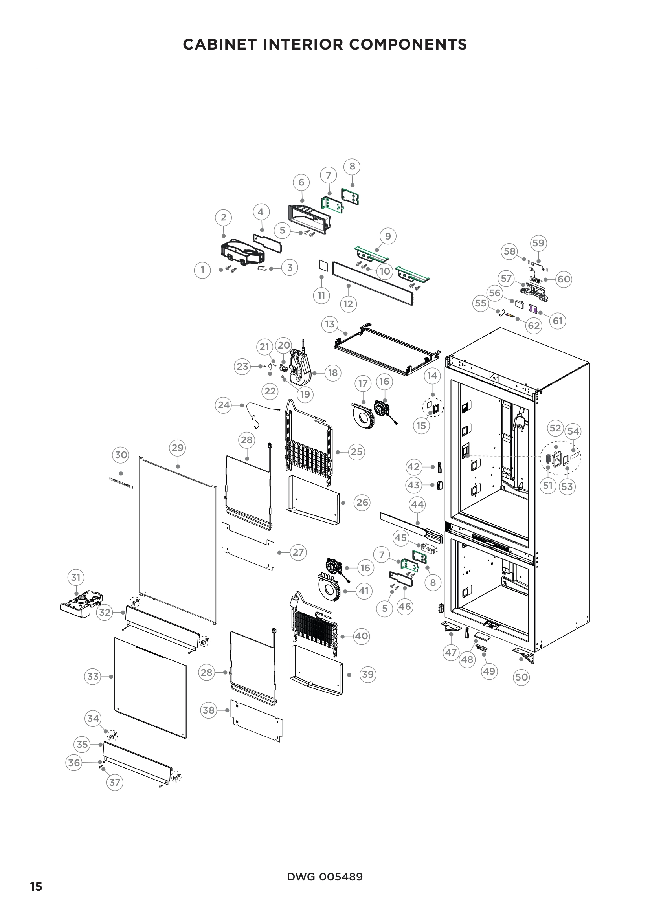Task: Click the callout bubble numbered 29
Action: click(177, 448)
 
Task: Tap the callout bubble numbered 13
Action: click(329, 324)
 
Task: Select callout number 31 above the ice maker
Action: click(75, 577)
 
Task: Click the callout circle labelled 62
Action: click(534, 325)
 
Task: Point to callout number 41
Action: click(364, 591)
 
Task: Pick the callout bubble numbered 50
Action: click(521, 677)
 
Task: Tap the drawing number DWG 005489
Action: click(325, 877)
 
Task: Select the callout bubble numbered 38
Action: click(208, 710)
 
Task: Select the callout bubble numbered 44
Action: click(417, 504)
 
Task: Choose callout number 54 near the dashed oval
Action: click(573, 431)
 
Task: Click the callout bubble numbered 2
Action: click(223, 217)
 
